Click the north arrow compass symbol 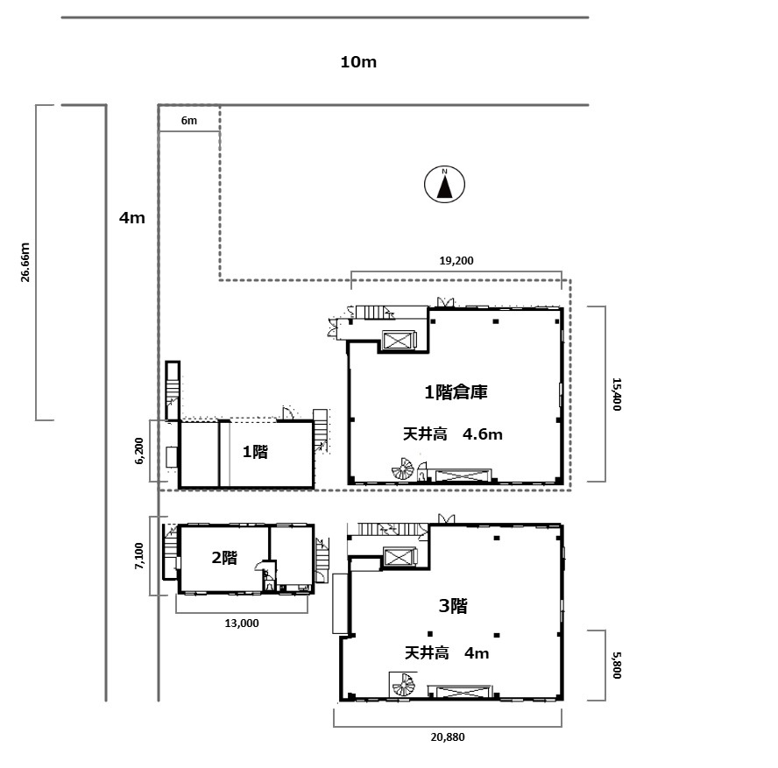[x=444, y=185]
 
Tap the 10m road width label [x=358, y=62]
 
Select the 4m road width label [x=132, y=218]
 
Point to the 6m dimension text [x=189, y=121]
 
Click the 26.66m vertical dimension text [x=25, y=263]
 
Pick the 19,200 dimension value [x=456, y=261]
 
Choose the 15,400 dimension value [x=617, y=394]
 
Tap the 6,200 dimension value [x=139, y=451]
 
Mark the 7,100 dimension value [x=139, y=556]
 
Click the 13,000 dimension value [x=242, y=624]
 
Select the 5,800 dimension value [x=617, y=665]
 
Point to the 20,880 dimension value [x=448, y=737]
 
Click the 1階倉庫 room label [x=456, y=392]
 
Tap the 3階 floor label [x=453, y=606]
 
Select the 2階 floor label [x=224, y=558]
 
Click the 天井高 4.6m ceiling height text [x=452, y=434]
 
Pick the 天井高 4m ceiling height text [x=447, y=653]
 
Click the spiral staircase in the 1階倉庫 [x=403, y=469]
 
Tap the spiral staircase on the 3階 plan [x=403, y=685]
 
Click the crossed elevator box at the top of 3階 [x=400, y=557]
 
